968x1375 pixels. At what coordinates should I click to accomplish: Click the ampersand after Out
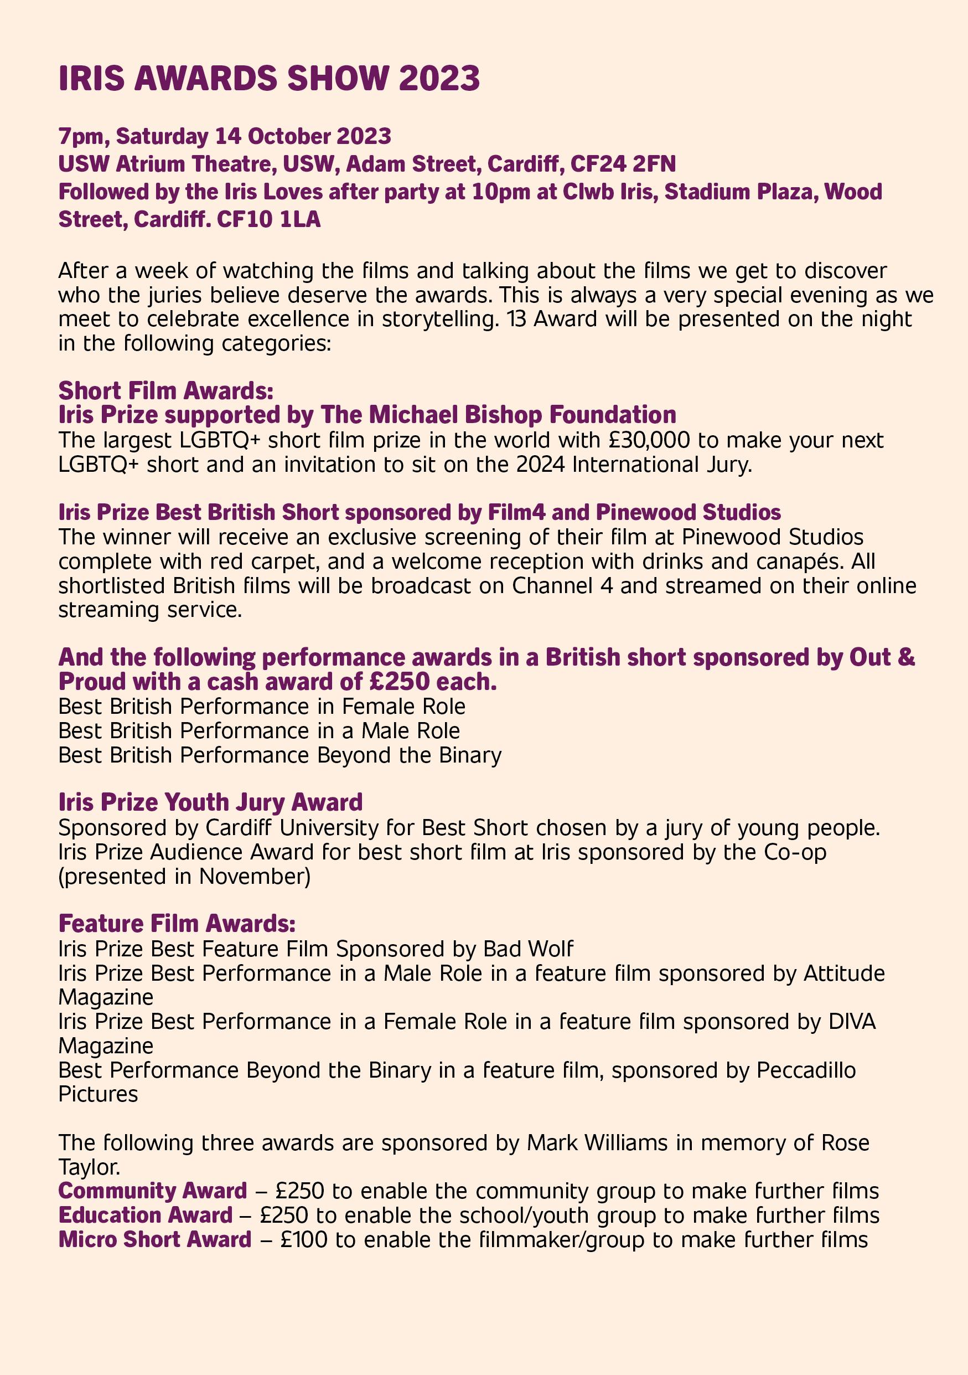coord(907,657)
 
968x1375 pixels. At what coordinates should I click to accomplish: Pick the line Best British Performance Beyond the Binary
coord(279,755)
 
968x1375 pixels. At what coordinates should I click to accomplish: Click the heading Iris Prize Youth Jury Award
coord(211,802)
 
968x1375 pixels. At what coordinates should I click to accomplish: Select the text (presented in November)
coord(184,876)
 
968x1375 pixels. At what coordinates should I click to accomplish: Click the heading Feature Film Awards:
coord(177,924)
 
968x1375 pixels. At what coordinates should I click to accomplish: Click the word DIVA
coord(852,1021)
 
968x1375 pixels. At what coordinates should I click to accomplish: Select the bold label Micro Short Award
coord(155,1239)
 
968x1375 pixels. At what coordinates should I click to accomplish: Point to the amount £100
coord(303,1239)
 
